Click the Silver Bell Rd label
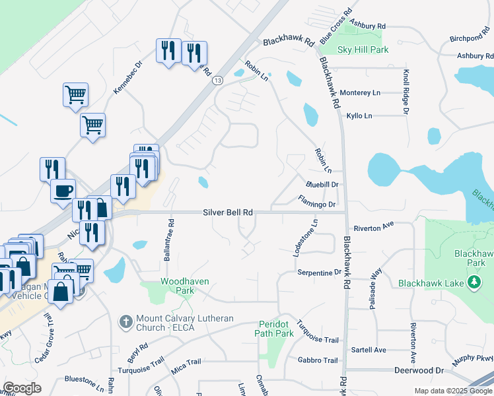(228, 213)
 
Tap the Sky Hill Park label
(363, 50)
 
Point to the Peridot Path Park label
(274, 329)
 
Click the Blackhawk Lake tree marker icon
(473, 282)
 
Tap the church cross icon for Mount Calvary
(125, 323)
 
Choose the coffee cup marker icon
(63, 191)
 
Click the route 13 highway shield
(217, 80)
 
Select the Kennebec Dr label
(128, 78)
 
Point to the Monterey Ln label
(359, 93)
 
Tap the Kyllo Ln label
(359, 116)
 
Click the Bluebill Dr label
(322, 185)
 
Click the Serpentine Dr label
(319, 272)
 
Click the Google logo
(22, 387)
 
